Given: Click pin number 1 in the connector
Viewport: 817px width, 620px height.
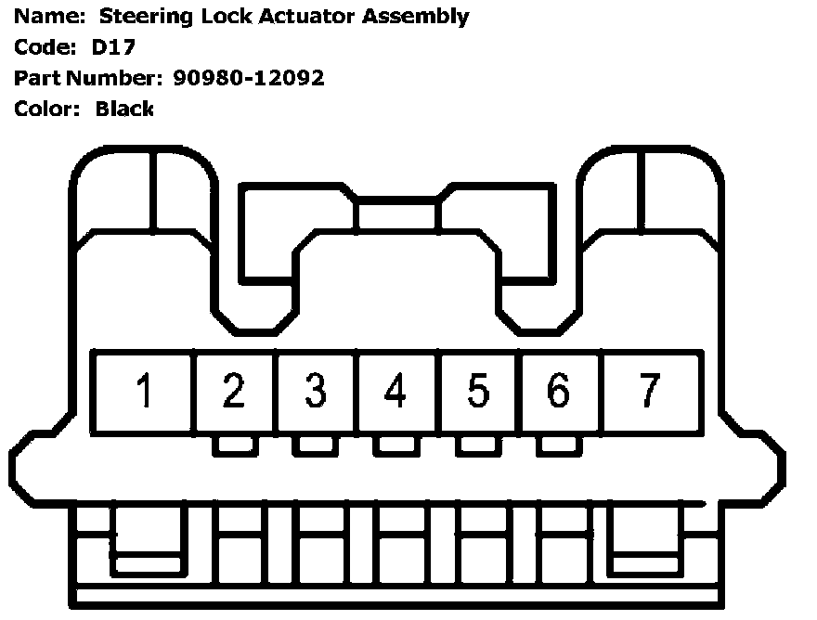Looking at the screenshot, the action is [143, 392].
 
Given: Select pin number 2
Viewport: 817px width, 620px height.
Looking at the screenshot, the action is [234, 392].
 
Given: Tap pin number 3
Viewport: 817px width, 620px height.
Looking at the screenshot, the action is [316, 392].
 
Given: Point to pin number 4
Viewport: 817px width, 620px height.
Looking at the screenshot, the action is [396, 392].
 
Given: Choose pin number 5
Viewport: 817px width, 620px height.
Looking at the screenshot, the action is [477, 392].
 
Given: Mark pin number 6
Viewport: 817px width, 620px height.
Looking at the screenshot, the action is [559, 392].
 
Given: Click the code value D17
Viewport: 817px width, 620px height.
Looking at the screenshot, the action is [112, 46].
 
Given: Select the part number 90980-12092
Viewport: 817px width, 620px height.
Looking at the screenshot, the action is [249, 78].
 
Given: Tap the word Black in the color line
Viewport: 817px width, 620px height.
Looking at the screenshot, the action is [124, 109].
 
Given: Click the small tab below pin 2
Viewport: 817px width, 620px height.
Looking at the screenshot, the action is [235, 446].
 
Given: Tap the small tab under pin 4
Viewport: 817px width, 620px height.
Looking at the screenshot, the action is [396, 446].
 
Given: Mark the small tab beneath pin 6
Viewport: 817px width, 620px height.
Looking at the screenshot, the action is [559, 446].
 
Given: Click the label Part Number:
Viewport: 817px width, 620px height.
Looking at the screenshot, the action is [88, 78].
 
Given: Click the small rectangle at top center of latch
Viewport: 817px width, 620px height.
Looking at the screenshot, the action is [397, 214].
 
